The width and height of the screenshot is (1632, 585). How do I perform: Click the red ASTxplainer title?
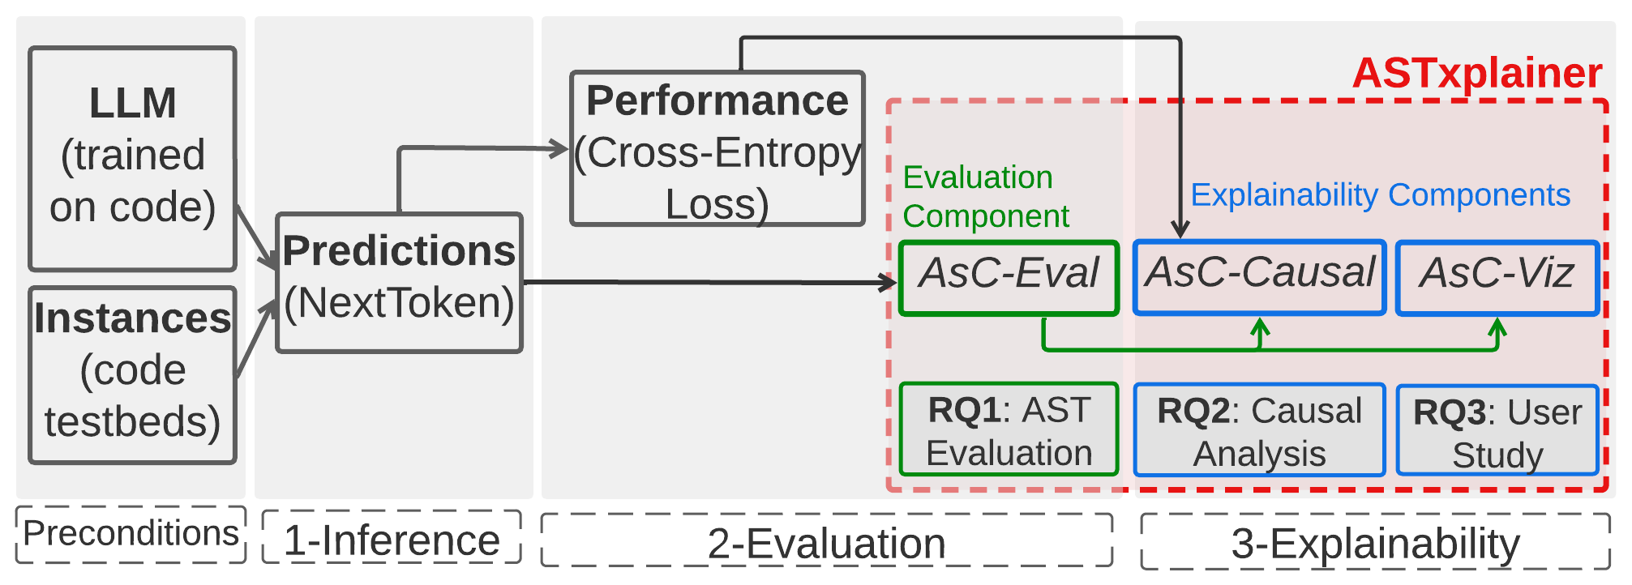1476,73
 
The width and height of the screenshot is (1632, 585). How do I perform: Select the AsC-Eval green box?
1009,277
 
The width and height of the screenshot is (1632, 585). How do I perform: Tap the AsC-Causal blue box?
1259,277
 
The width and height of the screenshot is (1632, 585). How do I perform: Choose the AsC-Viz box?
1497,277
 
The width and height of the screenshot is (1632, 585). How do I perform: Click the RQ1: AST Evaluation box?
1009,430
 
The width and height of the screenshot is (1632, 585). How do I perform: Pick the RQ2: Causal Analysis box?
1259,431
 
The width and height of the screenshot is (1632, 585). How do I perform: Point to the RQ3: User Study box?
1497,432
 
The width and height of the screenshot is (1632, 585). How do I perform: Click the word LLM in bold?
132,104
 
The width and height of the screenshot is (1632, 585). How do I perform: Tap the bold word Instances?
132,318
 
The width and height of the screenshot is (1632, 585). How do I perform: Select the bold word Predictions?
398,250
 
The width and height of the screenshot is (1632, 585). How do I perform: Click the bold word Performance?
717,100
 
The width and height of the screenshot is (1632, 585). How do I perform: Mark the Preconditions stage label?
131,534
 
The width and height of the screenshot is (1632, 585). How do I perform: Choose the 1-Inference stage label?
392,540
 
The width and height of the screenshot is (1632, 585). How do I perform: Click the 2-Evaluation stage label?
826,543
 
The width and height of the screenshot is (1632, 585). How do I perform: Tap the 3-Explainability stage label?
1375,543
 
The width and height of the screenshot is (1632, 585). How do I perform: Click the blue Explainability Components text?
1380,195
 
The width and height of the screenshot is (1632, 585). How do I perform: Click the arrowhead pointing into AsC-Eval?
889,282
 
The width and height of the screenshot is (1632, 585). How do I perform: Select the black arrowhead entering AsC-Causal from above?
1180,229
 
